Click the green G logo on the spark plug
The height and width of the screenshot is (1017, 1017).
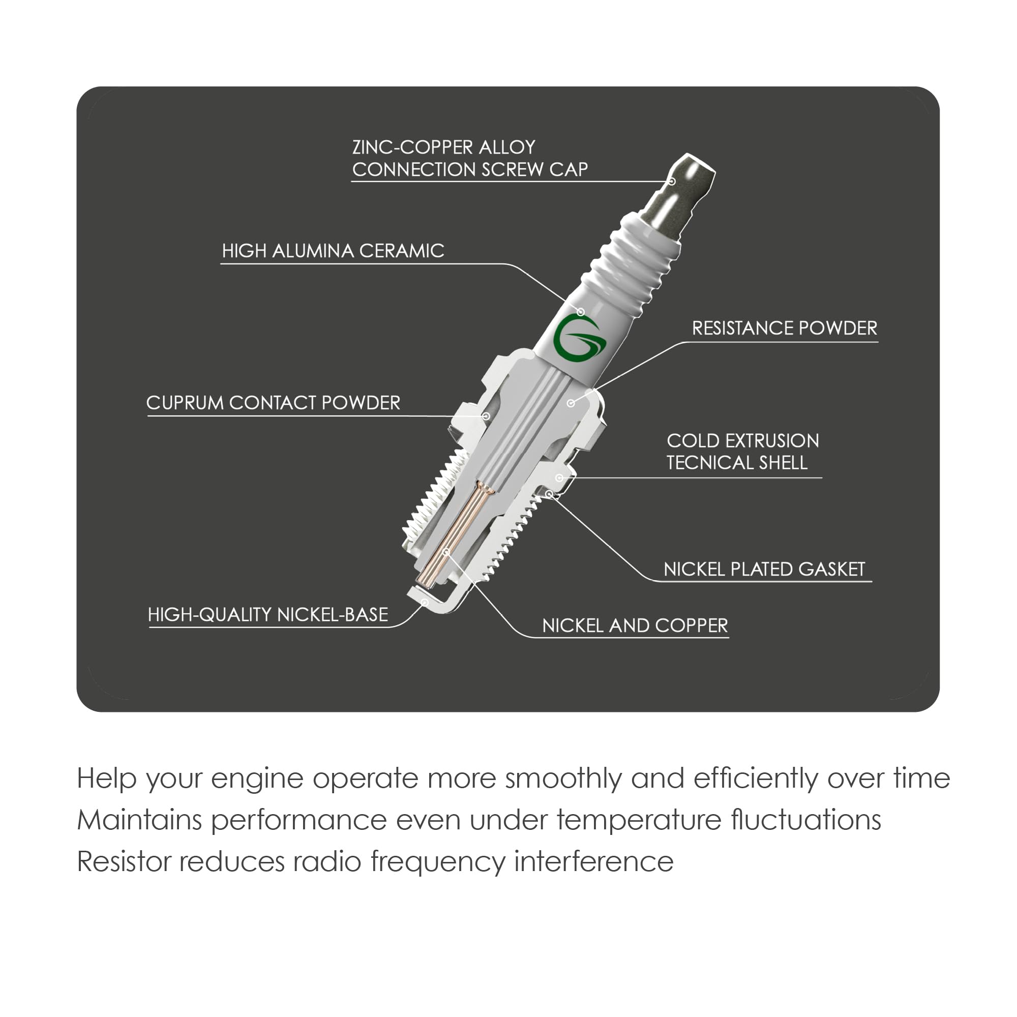[580, 339]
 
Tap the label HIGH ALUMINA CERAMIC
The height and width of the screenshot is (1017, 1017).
[333, 251]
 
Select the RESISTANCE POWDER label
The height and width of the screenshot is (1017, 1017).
[784, 328]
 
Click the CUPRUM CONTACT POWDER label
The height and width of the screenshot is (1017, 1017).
[273, 403]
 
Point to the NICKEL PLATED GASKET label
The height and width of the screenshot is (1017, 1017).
[764, 569]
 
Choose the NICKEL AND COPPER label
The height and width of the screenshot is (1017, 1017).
[635, 625]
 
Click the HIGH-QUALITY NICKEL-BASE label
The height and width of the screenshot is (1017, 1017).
[268, 615]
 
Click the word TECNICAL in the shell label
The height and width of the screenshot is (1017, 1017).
[705, 463]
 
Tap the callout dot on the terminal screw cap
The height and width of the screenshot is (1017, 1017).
[672, 182]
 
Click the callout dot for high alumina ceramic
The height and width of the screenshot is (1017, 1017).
[581, 312]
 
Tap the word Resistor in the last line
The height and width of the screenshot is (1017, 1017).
[124, 862]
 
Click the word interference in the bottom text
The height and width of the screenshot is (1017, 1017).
[594, 862]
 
